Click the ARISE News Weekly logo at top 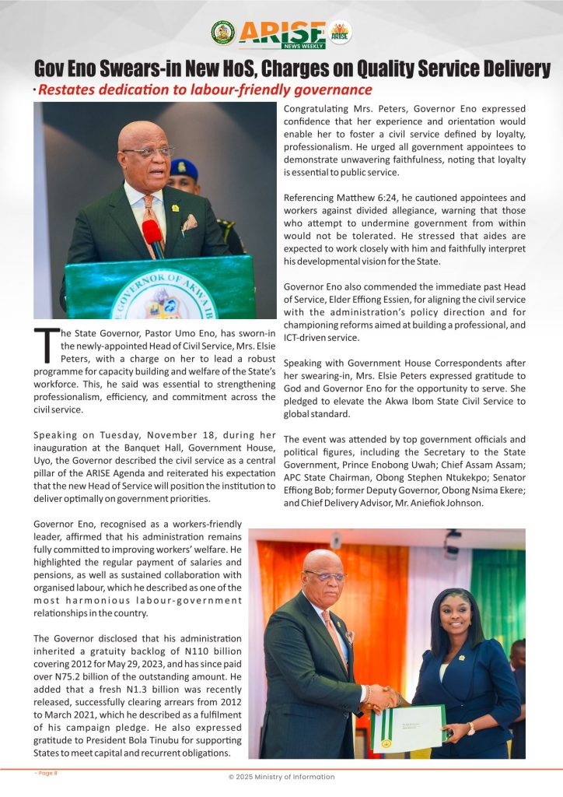pyautogui.click(x=282, y=33)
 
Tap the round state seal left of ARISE pyautogui.click(x=223, y=33)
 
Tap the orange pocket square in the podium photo pyautogui.click(x=190, y=223)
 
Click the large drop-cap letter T pyautogui.click(x=47, y=345)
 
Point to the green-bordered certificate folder pyautogui.click(x=408, y=727)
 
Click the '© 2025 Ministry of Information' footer pyautogui.click(x=281, y=777)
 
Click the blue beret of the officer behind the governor pyautogui.click(x=184, y=166)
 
